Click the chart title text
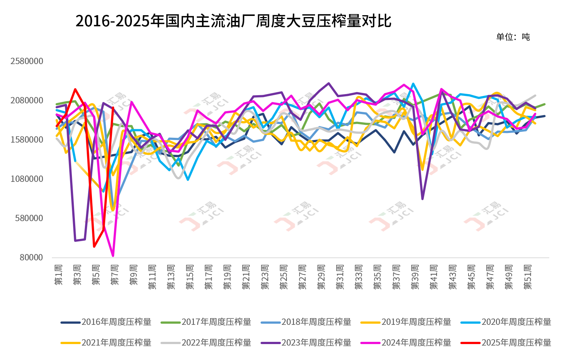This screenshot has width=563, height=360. click(234, 21)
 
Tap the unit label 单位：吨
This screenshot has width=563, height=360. click(513, 37)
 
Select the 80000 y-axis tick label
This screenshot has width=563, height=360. click(32, 257)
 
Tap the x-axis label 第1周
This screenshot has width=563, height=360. click(59, 275)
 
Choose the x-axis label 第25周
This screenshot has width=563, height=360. click(284, 277)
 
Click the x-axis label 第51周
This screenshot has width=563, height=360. click(527, 277)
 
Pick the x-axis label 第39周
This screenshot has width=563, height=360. click(415, 277)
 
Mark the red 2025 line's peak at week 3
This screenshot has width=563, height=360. click(75, 89)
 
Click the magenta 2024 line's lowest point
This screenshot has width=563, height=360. click(113, 256)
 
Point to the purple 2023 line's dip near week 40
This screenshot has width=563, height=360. click(422, 199)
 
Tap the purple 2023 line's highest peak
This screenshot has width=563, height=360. click(328, 83)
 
